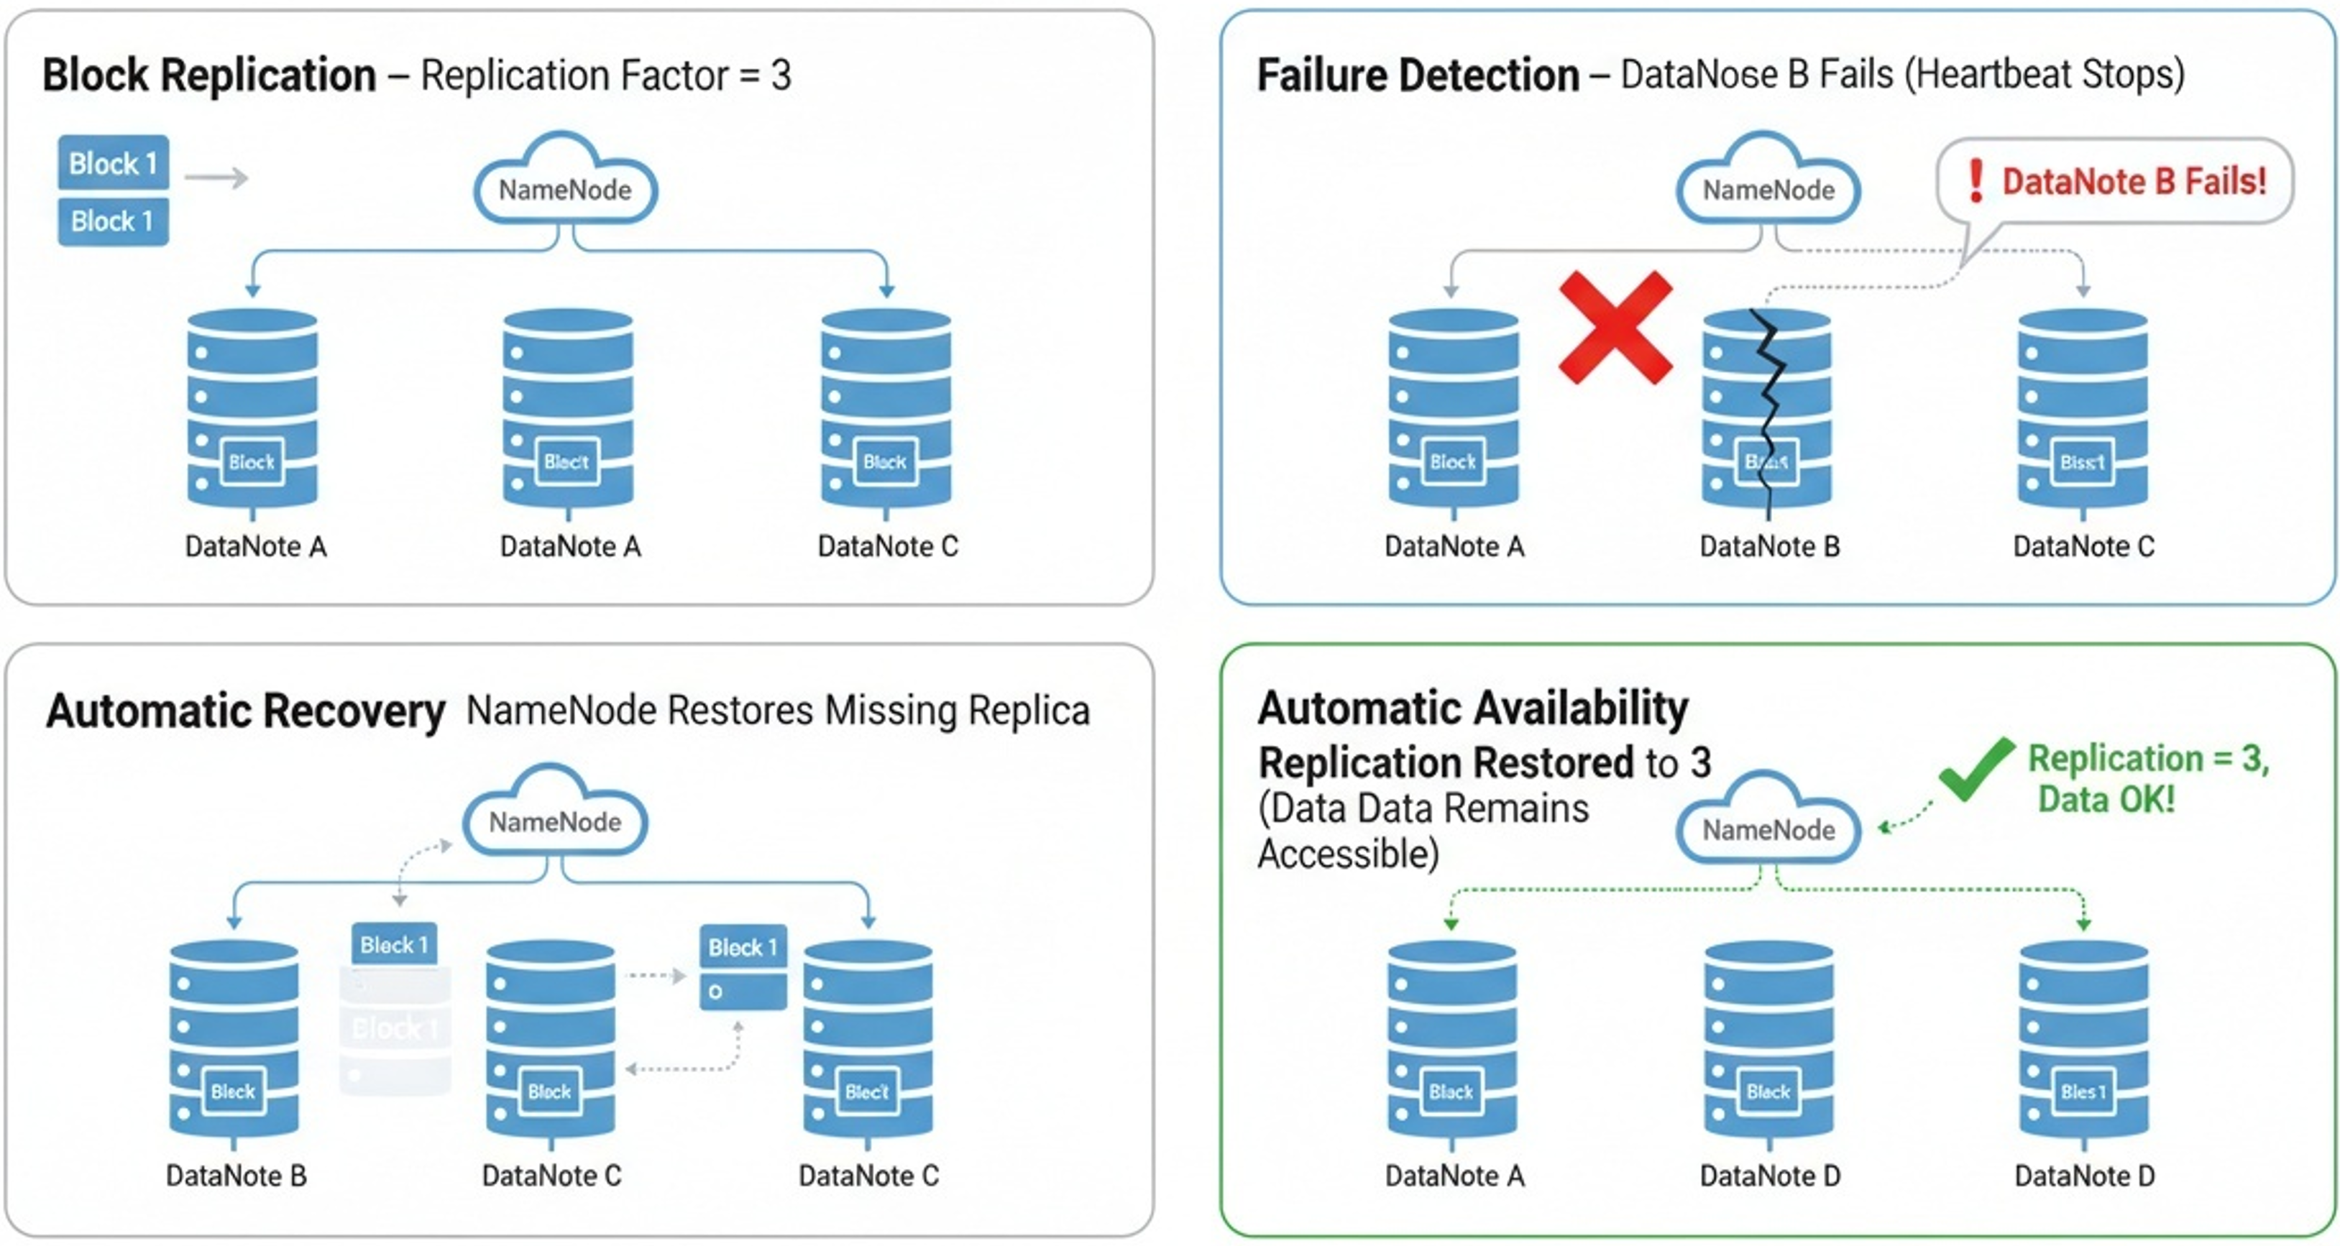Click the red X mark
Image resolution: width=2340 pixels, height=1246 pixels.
(1615, 327)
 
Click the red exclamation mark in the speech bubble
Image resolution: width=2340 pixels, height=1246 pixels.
(1975, 181)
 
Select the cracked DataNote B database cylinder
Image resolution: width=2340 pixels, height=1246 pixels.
(1767, 409)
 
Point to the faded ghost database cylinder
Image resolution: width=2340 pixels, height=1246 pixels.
(395, 1030)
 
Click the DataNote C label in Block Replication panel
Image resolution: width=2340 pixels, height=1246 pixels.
(888, 547)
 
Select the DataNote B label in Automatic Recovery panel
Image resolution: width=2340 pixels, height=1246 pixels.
(237, 1176)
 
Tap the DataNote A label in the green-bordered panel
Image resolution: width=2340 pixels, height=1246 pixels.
(1454, 1176)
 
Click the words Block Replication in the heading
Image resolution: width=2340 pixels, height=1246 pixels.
(209, 75)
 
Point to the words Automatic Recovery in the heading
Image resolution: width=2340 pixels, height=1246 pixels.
(245, 711)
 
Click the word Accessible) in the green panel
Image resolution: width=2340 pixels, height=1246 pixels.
(1348, 854)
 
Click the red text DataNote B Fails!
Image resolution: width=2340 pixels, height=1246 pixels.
(2134, 182)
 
